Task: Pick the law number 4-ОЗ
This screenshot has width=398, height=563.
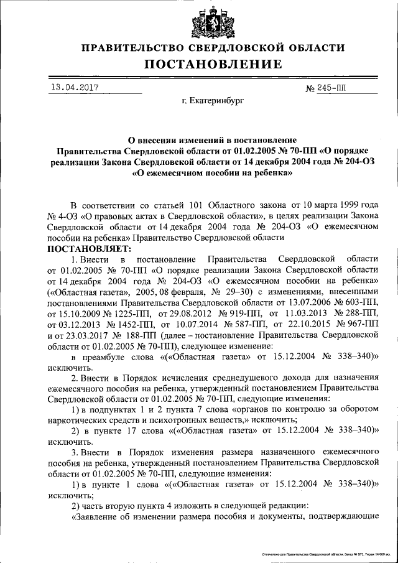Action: [66, 216]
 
